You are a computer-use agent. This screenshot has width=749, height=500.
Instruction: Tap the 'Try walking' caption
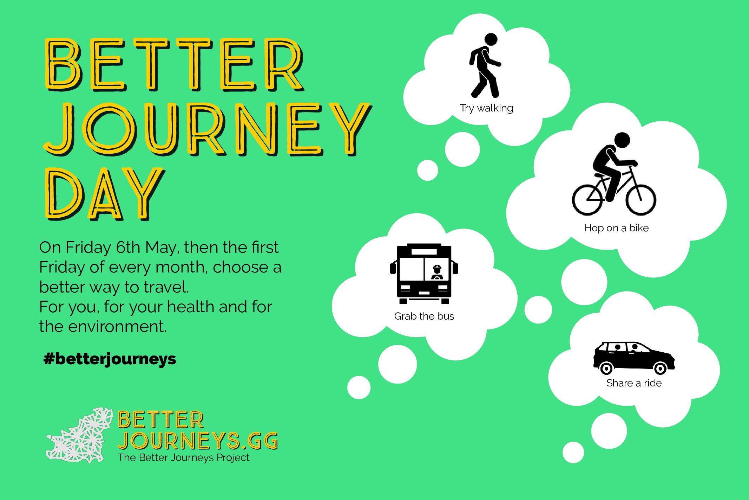click(x=486, y=108)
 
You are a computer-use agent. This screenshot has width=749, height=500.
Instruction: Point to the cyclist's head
click(x=622, y=140)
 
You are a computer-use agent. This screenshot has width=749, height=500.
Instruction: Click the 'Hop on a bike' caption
click(x=616, y=228)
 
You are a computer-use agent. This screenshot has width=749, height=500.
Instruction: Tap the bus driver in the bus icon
click(x=437, y=273)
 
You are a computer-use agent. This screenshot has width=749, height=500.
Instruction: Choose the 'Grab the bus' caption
click(x=424, y=316)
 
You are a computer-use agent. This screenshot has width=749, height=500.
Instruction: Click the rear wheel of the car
click(x=606, y=368)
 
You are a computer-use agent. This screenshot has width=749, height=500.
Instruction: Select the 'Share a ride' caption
click(x=634, y=383)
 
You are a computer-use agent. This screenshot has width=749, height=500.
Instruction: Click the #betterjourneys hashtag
click(x=110, y=359)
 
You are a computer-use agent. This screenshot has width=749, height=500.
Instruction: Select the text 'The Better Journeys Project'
click(x=183, y=457)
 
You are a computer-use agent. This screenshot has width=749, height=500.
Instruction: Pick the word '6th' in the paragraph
click(x=128, y=247)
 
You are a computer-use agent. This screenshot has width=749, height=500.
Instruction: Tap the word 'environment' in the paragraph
click(x=117, y=326)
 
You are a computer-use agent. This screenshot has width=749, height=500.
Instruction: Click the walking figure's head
click(x=491, y=39)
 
